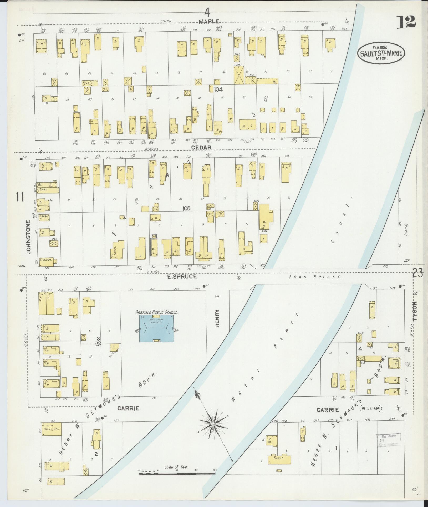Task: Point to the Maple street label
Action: coord(209,22)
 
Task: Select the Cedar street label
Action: coord(201,148)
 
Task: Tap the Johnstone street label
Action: coord(28,237)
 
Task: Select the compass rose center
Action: coord(212,425)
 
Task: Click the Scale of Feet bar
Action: coord(177,474)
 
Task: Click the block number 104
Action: coord(218,89)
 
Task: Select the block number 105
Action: coord(186,208)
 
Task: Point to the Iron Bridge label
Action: coord(316,277)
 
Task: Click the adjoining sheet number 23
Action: coord(417,274)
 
